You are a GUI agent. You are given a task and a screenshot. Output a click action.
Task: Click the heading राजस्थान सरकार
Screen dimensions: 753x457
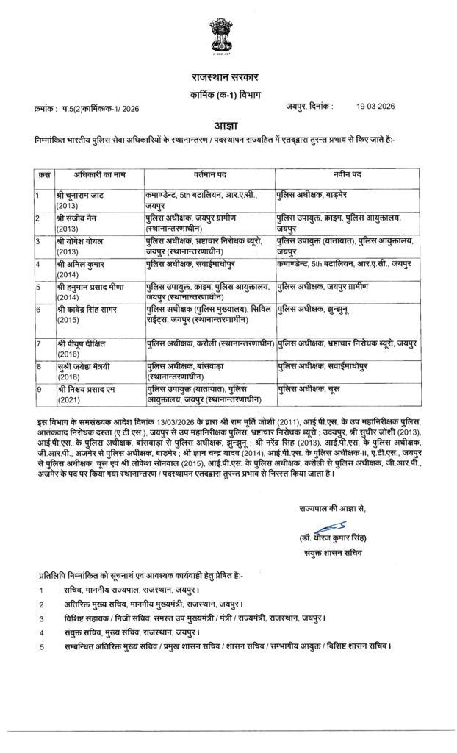(228, 77)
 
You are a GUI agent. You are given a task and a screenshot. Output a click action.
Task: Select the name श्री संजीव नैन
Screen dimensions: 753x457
(81, 218)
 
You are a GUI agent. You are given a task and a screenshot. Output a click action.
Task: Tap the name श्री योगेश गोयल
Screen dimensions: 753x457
(82, 241)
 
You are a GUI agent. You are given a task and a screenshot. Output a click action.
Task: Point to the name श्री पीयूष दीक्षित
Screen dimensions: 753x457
(84, 343)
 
